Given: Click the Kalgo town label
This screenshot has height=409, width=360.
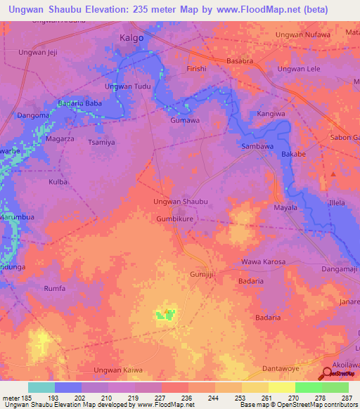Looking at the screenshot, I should point(131,37).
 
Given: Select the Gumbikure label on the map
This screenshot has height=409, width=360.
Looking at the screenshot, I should point(174,219).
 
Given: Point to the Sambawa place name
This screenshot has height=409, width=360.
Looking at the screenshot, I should point(257,147).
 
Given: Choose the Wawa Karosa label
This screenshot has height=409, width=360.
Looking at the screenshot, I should point(263,262).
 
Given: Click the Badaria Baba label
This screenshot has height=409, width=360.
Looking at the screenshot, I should point(85,104).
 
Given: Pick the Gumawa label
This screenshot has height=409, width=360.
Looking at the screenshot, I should point(186,120).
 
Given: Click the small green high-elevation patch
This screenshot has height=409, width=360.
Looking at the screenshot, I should point(165,315).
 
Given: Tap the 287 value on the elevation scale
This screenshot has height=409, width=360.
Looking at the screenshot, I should point(346,398).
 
